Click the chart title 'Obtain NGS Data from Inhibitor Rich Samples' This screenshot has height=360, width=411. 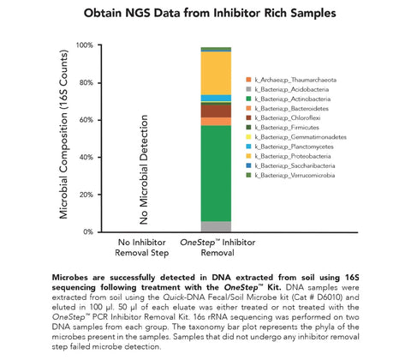[x=205, y=15]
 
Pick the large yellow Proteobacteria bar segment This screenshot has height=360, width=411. [x=215, y=72]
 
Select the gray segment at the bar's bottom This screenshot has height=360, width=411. [x=215, y=226]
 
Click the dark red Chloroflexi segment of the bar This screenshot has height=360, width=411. [x=215, y=110]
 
